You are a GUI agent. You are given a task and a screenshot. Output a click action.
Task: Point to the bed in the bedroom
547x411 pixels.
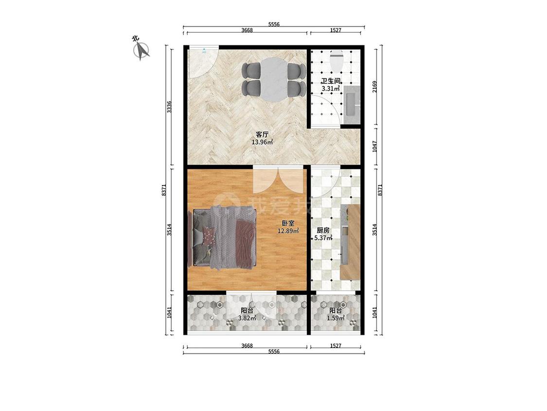click(x=223, y=238)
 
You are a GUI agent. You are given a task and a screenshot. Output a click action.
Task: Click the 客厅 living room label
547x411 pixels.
click(x=262, y=134)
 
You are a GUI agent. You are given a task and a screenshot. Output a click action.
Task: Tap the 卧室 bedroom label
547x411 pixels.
click(x=288, y=224)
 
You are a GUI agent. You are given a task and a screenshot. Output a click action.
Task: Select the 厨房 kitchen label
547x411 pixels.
click(x=323, y=230)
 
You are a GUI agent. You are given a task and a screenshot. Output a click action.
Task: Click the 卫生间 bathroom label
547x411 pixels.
click(x=331, y=81)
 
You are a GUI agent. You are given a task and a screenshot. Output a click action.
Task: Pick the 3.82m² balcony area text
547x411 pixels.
click(x=247, y=318)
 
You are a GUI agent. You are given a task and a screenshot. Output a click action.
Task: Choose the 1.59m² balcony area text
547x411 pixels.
click(x=335, y=318)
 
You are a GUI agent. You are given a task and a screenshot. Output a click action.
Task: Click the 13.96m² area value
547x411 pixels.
click(x=262, y=142)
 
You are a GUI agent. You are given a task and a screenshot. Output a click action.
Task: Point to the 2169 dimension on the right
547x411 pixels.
click(x=375, y=87)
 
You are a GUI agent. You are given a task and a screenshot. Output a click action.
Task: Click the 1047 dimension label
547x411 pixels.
click(x=375, y=147)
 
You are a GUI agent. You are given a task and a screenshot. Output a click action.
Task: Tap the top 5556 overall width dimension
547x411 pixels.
click(x=274, y=24)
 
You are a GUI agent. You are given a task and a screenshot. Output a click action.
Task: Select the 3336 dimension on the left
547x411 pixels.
click(x=169, y=107)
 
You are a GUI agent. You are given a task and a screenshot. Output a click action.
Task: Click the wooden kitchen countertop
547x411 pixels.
click(x=350, y=242)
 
